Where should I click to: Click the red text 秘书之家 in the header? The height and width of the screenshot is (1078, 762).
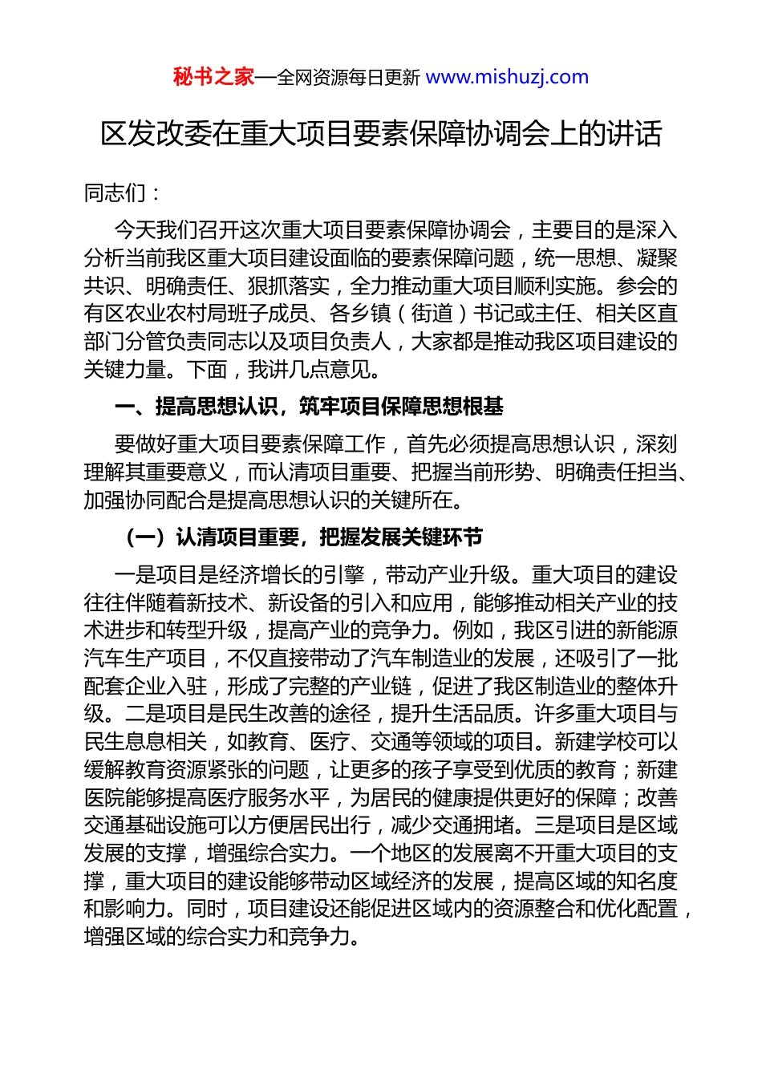tap(213, 77)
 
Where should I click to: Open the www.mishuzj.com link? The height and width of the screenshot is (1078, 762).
tap(507, 77)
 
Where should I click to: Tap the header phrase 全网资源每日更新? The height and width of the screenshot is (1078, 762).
tap(348, 78)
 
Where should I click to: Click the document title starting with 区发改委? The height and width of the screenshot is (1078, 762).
tap(381, 134)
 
